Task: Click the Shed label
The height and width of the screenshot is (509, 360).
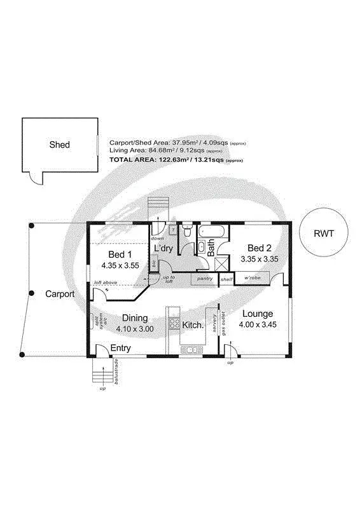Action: click(x=59, y=145)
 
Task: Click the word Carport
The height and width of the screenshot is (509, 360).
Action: click(x=60, y=295)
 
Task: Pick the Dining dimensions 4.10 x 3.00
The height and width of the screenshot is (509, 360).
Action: click(x=135, y=329)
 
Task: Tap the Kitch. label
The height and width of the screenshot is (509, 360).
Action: click(x=192, y=325)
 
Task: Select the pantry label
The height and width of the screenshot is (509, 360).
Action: click(x=205, y=279)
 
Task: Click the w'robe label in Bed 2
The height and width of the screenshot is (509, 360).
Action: click(x=253, y=278)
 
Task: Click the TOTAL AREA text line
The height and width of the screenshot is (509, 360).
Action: click(x=177, y=160)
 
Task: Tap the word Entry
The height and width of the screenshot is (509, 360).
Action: click(x=121, y=348)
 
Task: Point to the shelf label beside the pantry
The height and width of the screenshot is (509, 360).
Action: click(x=226, y=279)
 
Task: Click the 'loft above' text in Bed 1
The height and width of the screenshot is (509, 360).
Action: click(x=104, y=282)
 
